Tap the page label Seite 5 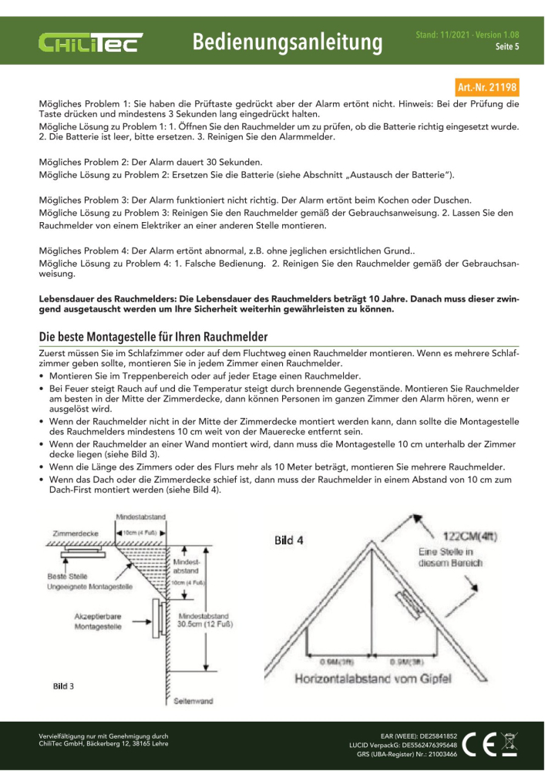pyautogui.click(x=506, y=47)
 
